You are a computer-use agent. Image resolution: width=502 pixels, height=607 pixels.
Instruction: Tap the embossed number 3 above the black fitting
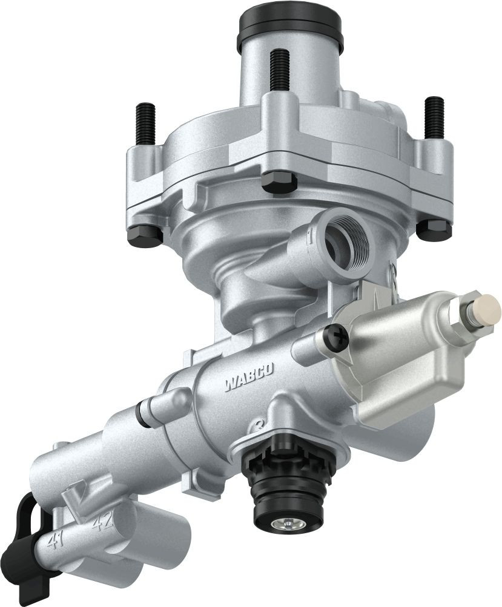coord(260,424)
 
